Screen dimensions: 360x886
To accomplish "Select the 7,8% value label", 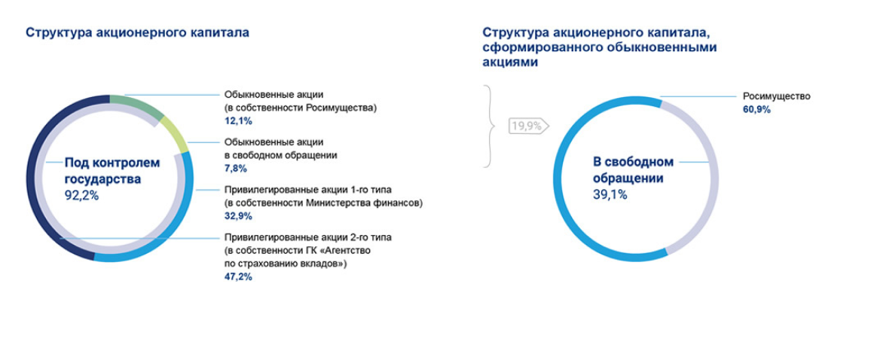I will click(235, 169).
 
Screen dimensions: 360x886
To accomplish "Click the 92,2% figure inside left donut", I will click(81, 195).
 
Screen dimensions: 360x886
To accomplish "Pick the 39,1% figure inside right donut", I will click(610, 194).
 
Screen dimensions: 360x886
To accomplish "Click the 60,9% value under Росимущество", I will click(756, 109).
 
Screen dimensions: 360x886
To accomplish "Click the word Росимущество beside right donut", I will click(776, 96).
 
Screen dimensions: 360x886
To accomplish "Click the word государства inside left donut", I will click(102, 179).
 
